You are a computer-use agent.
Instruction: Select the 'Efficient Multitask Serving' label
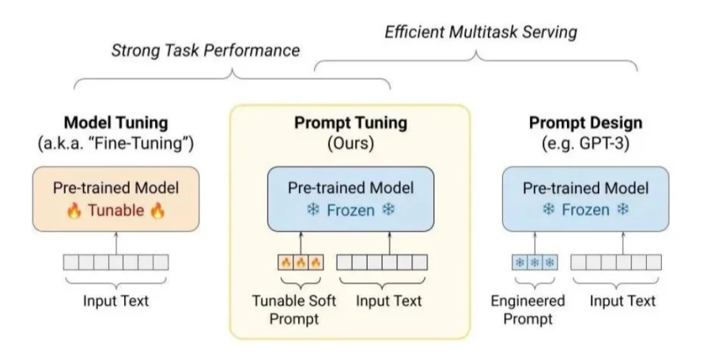482,32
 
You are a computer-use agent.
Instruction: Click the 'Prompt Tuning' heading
350,124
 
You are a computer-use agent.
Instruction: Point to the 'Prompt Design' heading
586,124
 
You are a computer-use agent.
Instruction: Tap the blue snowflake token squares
534,262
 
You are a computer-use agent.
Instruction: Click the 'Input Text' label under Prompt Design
624,300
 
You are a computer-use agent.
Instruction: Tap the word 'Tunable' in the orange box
115,210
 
